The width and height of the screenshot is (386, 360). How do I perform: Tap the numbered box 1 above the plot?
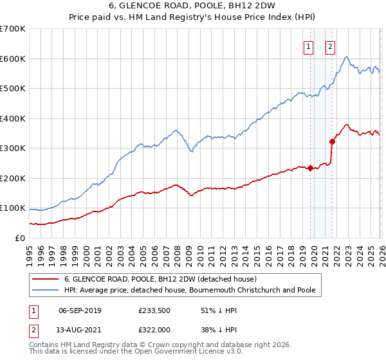[x=308, y=46]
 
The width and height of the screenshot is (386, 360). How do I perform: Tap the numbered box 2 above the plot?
[x=330, y=46]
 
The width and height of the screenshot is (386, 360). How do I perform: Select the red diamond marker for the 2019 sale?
[x=310, y=168]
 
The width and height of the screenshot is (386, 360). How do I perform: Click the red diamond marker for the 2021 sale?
[x=333, y=141]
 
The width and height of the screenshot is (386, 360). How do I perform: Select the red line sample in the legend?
[x=45, y=279]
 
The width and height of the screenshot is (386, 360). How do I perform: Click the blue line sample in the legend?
[x=45, y=290]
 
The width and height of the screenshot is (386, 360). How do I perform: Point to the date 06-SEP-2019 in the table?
[x=80, y=310]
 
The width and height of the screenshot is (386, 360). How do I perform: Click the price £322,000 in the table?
[x=153, y=329]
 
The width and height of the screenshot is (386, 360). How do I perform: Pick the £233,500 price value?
[x=153, y=310]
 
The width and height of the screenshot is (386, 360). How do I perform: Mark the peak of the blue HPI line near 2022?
[x=346, y=57]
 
